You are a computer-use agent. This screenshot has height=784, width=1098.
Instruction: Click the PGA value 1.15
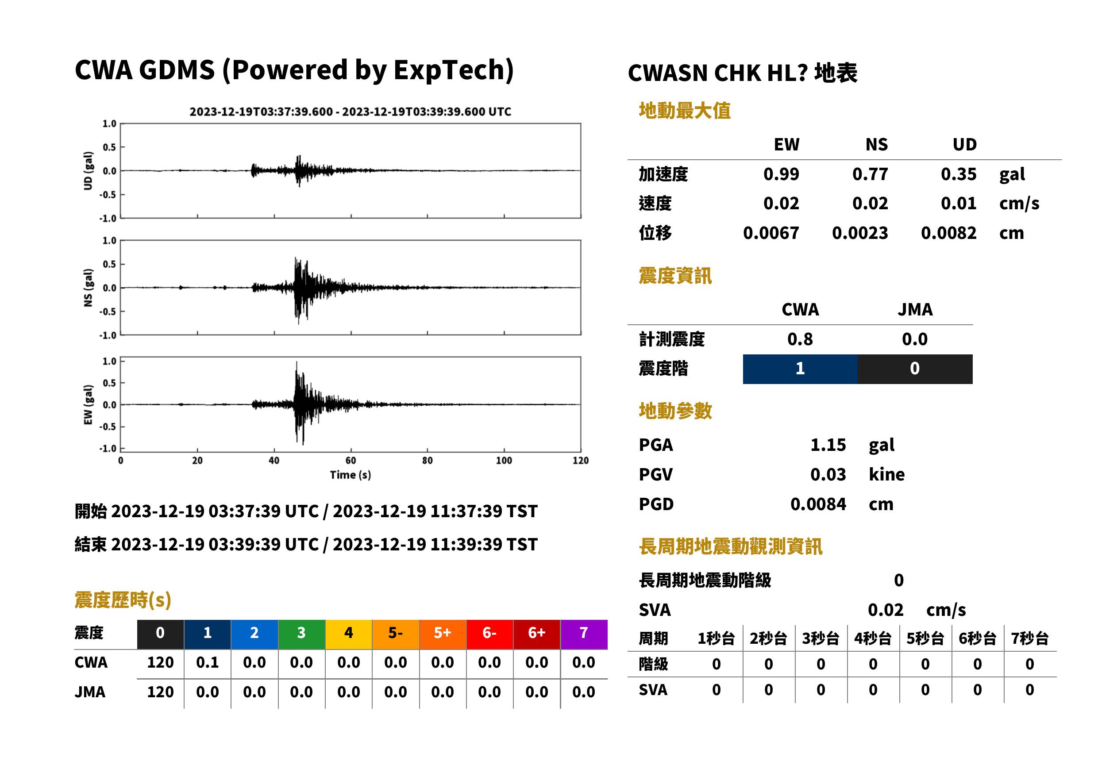point(828,445)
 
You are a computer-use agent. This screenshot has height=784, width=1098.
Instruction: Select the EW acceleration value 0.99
point(781,174)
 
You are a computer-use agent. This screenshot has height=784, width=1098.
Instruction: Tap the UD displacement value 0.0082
point(948,233)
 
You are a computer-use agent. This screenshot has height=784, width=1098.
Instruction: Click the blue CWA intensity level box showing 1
point(800,369)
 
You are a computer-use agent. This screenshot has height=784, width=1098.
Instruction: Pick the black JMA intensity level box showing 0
point(915,369)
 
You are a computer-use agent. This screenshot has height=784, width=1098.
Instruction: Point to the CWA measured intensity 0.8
point(800,339)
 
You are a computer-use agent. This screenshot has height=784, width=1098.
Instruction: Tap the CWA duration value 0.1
point(207,662)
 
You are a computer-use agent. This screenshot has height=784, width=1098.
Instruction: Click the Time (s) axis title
point(351,475)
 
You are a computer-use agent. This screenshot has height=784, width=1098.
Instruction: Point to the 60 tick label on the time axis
point(351,461)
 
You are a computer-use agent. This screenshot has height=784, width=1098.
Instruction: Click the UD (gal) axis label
point(88,171)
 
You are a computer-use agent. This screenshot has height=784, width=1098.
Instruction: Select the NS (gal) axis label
point(88,288)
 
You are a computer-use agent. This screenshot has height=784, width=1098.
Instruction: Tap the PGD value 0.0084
point(818,504)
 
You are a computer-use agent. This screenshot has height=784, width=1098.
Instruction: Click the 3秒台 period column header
point(821,638)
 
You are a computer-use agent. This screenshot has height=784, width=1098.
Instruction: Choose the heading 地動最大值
point(685,111)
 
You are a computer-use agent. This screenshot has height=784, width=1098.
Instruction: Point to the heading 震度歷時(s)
point(123,600)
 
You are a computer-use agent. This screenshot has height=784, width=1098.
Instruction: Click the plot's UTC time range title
point(351,111)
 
